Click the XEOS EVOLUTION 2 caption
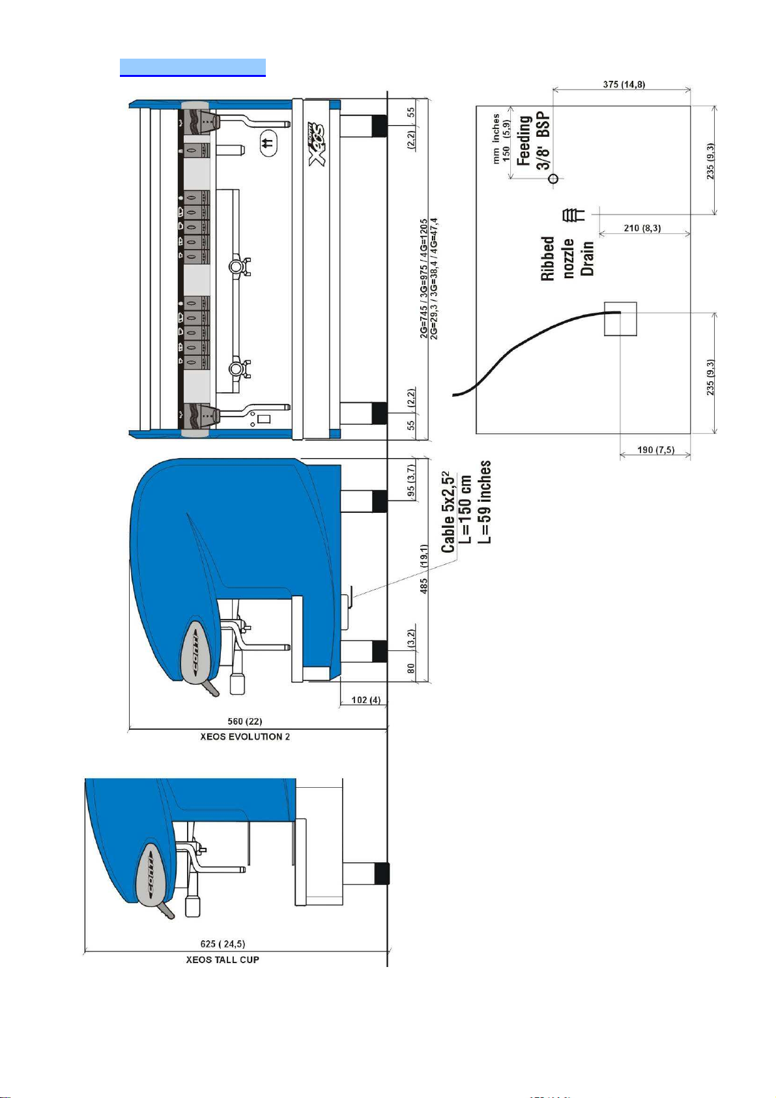(245, 736)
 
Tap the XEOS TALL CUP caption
(222, 959)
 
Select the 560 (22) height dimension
(244, 721)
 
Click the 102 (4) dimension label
(366, 700)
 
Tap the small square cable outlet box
(620, 319)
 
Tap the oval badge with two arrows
(267, 142)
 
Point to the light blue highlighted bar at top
(193, 67)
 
